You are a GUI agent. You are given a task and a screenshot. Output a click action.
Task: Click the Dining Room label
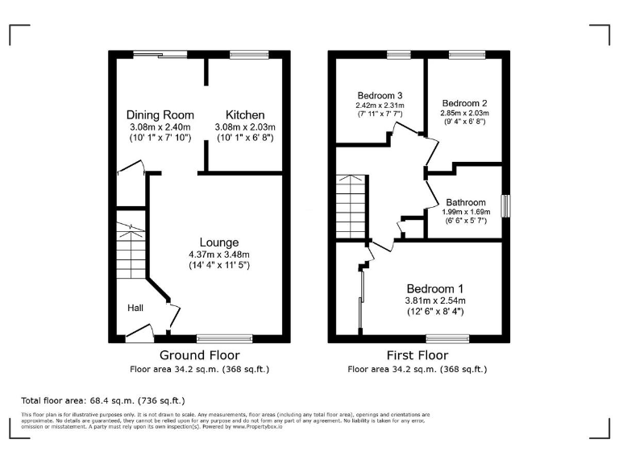[x=160, y=115]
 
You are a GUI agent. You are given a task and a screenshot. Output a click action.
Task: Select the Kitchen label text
[x=245, y=115]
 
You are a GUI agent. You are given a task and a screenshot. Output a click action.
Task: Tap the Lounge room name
[x=218, y=242]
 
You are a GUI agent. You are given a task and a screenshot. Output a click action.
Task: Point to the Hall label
[x=135, y=308]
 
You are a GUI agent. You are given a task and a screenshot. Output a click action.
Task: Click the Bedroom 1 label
[x=434, y=288]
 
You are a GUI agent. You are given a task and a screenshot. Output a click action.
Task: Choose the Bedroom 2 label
[x=465, y=103]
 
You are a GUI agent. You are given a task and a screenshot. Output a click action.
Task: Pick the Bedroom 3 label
[x=380, y=95]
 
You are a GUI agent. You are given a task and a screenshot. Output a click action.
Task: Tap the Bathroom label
[x=466, y=202]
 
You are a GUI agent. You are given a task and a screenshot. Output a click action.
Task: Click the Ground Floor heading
[x=199, y=355]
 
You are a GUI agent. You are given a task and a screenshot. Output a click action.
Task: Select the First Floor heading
[x=417, y=355]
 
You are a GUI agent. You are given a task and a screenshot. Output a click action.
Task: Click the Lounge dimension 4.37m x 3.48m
[x=218, y=255]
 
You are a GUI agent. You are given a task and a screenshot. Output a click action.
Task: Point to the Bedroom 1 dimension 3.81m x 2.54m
[x=434, y=300]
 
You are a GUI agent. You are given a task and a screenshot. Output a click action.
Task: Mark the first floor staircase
[x=351, y=206]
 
